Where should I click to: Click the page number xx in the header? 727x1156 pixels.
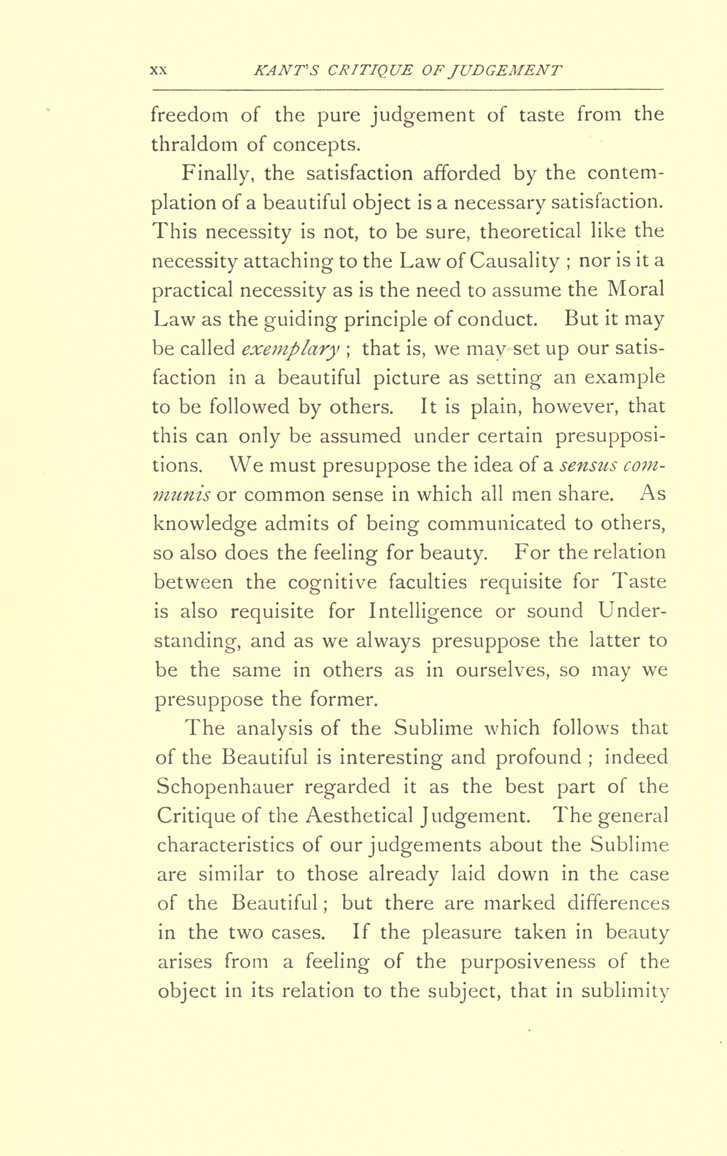coord(158,70)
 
